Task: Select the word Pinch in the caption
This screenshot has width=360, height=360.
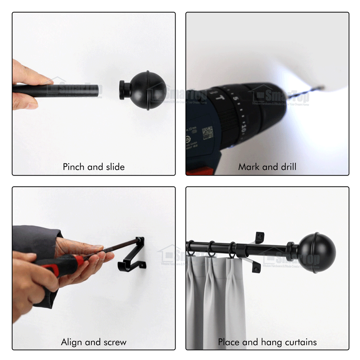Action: click(x=73, y=167)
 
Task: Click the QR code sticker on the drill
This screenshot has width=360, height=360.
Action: click(x=207, y=133)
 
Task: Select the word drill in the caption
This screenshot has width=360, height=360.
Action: click(x=286, y=167)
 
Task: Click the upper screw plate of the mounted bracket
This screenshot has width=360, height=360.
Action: click(x=260, y=237)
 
